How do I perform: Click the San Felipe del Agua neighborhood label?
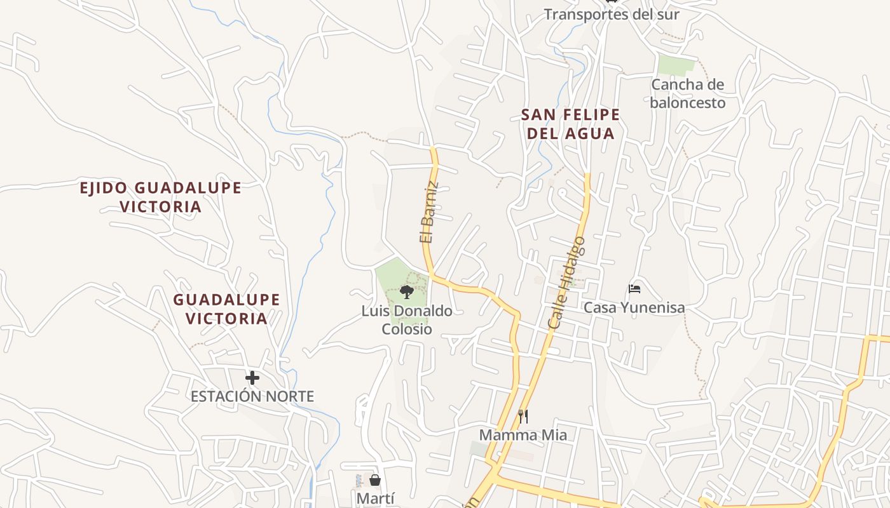click(x=570, y=124)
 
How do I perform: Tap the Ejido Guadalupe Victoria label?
click(x=160, y=197)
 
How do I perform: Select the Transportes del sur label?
click(x=612, y=15)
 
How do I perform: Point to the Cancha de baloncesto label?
click(x=687, y=93)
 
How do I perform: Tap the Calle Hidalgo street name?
click(x=566, y=283)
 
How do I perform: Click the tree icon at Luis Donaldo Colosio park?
click(x=407, y=292)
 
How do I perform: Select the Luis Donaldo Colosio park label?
click(x=407, y=320)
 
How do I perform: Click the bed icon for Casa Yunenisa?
click(x=634, y=289)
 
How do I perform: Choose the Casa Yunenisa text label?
click(x=634, y=308)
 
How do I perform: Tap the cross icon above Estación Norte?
click(x=252, y=378)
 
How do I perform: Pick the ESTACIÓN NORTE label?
click(x=252, y=397)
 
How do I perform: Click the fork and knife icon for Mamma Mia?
click(x=523, y=417)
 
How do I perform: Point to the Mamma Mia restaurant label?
click(x=523, y=435)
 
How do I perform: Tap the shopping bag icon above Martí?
click(x=375, y=480)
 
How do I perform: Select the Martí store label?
click(x=375, y=498)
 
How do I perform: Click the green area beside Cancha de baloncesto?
click(x=676, y=65)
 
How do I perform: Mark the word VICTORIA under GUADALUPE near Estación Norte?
click(x=227, y=319)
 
